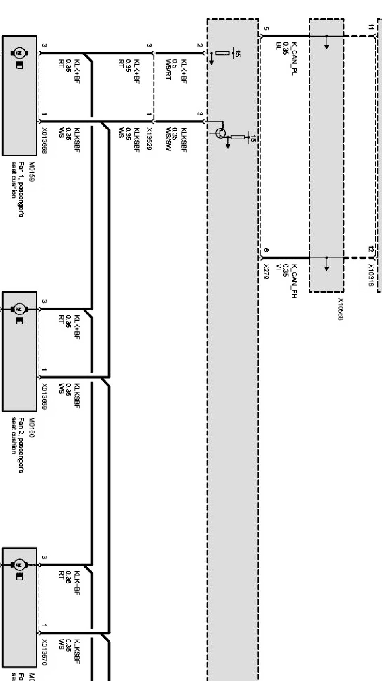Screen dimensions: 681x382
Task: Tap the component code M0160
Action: click(32, 427)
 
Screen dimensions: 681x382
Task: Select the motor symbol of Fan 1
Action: click(19, 53)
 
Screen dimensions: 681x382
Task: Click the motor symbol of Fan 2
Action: click(19, 308)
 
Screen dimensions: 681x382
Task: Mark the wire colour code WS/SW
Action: click(168, 139)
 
